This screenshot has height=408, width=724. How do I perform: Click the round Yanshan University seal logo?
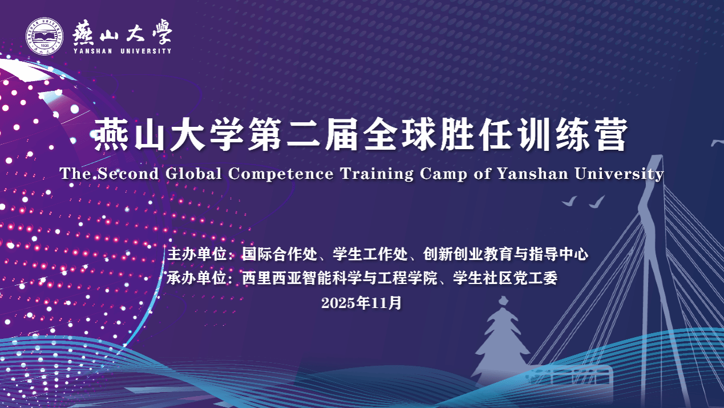(x=45, y=36)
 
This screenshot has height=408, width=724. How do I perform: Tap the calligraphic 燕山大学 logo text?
(x=122, y=33)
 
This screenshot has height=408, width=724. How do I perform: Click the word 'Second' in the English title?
(x=128, y=174)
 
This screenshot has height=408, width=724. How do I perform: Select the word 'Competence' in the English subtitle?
(x=280, y=174)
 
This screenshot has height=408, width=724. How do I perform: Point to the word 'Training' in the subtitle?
(x=376, y=174)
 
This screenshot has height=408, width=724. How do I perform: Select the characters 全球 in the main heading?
(x=399, y=134)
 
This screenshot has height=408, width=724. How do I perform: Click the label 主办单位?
(x=196, y=254)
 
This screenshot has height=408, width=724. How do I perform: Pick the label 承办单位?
(x=196, y=278)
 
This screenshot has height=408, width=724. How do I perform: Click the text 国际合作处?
(x=280, y=254)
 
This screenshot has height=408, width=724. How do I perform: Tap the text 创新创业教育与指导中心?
(x=505, y=254)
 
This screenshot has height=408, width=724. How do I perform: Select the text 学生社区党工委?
(x=505, y=278)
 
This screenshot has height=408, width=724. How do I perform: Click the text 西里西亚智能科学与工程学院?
(x=340, y=278)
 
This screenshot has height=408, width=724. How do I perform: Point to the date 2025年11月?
(x=361, y=303)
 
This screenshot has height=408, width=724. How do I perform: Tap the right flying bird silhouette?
(x=597, y=202)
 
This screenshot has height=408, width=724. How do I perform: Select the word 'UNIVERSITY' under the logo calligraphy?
(x=146, y=51)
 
